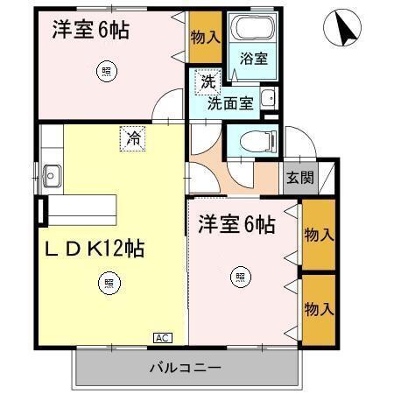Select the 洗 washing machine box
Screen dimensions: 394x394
pyautogui.click(x=208, y=82)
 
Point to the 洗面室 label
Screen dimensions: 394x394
pyautogui.click(x=230, y=102)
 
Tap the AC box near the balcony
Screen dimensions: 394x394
pyautogui.click(x=163, y=337)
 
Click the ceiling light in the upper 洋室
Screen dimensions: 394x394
pyautogui.click(x=106, y=73)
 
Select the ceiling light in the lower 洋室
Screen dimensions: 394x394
pyautogui.click(x=239, y=278)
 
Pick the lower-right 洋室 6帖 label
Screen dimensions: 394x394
pyautogui.click(x=236, y=225)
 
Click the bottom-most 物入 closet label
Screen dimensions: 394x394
pyautogui.click(x=318, y=309)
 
